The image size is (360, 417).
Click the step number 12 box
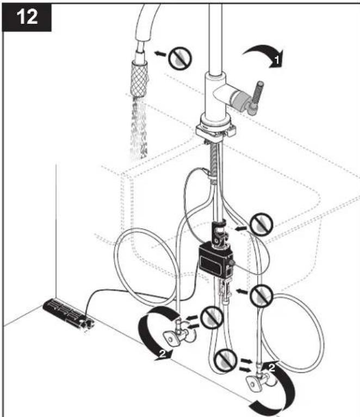(x=27, y=17)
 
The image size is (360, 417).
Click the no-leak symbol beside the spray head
(x=180, y=59)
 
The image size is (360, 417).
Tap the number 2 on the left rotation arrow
(x=163, y=353)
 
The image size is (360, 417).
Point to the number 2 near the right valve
(x=271, y=368)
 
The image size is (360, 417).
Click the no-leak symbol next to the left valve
(x=212, y=318)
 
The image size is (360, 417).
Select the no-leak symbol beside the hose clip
(x=262, y=224)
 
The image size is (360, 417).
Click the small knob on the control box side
(x=232, y=263)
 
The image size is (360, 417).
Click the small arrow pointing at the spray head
(x=160, y=54)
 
